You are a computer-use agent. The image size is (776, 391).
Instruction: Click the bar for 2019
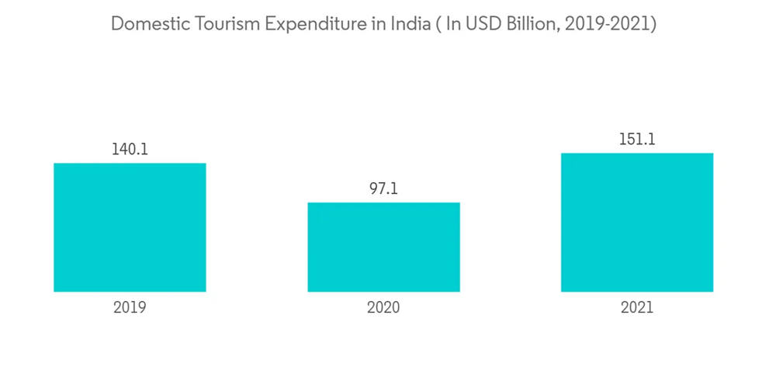[x=130, y=227]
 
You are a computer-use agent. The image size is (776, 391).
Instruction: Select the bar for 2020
[x=383, y=247]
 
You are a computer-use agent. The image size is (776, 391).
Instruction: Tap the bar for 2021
[x=637, y=222]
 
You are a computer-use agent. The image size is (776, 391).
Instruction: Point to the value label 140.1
[x=130, y=150]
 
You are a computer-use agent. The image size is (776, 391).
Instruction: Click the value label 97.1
[x=383, y=189]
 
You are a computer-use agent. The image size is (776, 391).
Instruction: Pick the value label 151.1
[x=637, y=140]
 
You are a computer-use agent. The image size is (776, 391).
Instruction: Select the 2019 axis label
[x=130, y=307]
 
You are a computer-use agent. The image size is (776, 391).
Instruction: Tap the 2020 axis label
[x=383, y=307]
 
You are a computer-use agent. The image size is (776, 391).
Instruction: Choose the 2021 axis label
[x=637, y=307]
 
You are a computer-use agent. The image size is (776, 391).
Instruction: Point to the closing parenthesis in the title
[x=653, y=25]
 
